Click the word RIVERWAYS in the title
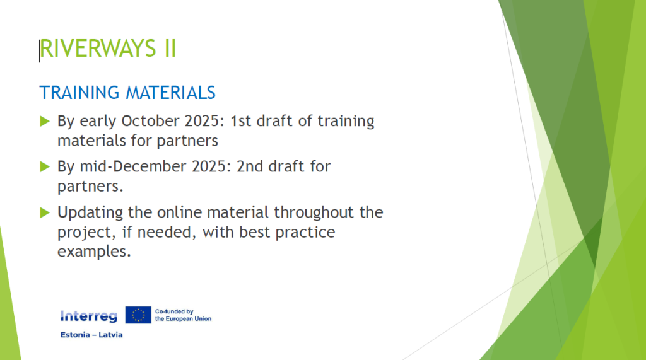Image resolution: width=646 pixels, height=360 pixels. tap(98, 48)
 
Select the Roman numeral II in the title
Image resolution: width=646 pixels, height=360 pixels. tap(170, 48)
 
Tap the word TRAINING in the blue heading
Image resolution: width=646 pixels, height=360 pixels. tap(79, 93)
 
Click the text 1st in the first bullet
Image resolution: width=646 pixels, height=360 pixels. tap(240, 121)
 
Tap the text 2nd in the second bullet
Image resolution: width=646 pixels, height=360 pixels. tap(250, 166)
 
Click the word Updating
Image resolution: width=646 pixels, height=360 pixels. tap(90, 213)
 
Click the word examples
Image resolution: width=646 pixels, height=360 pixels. tap(94, 252)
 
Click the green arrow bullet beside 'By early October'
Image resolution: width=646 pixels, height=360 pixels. tap(45, 121)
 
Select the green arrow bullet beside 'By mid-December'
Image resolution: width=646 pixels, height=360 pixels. tap(45, 167)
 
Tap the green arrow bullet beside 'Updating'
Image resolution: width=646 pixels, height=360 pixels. tap(45, 212)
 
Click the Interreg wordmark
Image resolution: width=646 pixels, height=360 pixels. tap(88, 316)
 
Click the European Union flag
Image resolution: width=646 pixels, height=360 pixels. tap(138, 315)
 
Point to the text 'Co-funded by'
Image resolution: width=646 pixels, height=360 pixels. tap(174, 312)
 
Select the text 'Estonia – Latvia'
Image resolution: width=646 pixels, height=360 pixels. tap(91, 335)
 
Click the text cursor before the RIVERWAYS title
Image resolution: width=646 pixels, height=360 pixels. tap(40, 50)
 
